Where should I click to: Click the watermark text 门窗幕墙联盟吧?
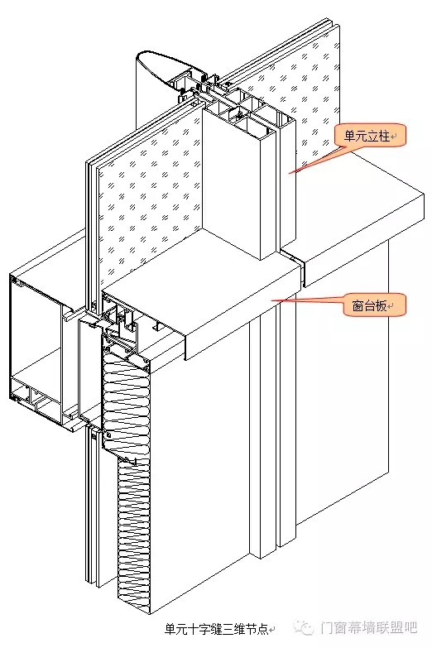coord(368,628)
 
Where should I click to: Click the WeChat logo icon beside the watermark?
coord(305,628)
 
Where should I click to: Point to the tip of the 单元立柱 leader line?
coord(289,174)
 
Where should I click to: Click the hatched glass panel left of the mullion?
coord(149,194)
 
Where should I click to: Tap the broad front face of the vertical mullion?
coord(232,182)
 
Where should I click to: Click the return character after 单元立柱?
coord(393,137)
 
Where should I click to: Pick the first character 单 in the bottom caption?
coord(170,630)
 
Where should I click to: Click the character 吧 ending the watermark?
coord(410,628)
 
